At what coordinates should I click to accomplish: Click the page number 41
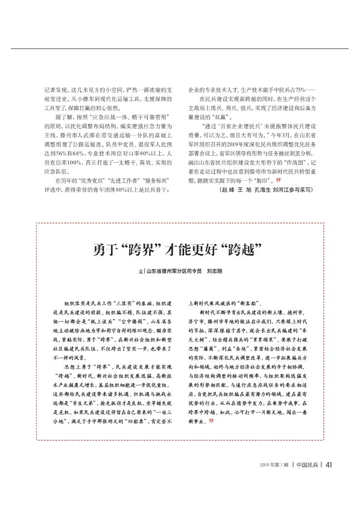pos(329,465)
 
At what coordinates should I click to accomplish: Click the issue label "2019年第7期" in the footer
pos(274,465)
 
